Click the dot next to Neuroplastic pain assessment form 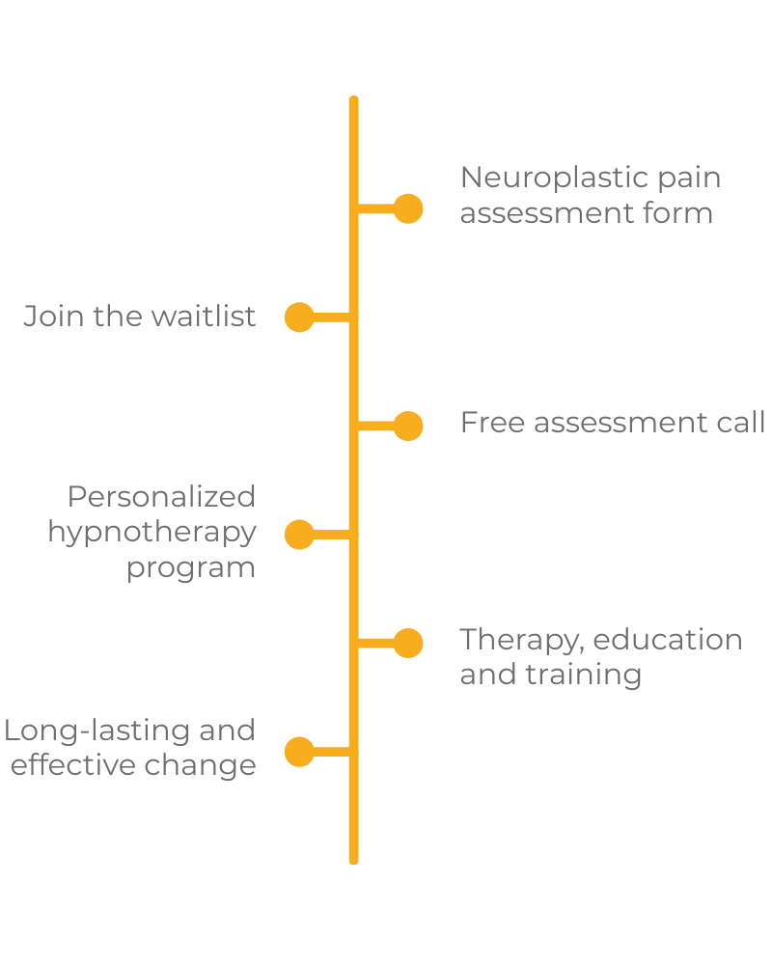click(408, 208)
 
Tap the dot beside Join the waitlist click(299, 317)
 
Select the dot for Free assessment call click(408, 426)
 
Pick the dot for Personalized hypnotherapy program click(299, 534)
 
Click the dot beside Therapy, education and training click(408, 643)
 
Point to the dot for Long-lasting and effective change click(299, 751)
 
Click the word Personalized click(161, 497)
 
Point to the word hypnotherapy click(152, 533)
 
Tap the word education click(668, 640)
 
